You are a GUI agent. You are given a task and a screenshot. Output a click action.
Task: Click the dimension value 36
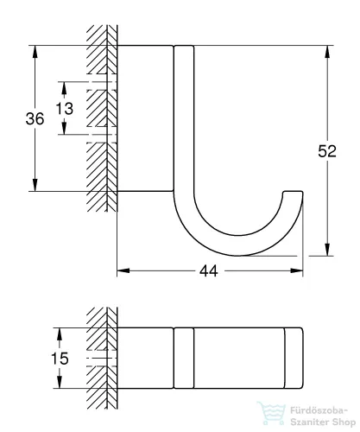[x=35, y=118]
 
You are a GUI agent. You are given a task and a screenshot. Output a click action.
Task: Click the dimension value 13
[x=64, y=109]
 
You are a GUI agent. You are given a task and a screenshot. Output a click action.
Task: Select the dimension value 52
[x=327, y=151]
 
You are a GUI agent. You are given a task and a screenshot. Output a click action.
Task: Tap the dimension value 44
[x=209, y=271]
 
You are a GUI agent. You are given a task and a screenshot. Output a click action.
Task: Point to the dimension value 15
[x=60, y=359]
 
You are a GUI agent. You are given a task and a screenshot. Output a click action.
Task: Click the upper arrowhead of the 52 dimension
[x=327, y=52]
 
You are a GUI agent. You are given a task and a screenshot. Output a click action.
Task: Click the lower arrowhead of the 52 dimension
[x=327, y=249]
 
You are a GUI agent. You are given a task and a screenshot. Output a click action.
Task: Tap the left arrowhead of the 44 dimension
[x=123, y=270]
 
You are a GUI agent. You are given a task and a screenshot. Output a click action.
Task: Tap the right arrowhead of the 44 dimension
[x=296, y=270]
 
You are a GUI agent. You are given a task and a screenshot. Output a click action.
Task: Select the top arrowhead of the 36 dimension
[x=35, y=52]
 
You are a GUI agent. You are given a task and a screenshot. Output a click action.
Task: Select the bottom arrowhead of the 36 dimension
[x=35, y=184]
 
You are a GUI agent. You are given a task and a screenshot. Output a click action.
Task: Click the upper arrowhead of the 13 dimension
[x=64, y=88]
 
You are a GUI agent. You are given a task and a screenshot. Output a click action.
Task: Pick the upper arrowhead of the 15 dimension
[x=60, y=334]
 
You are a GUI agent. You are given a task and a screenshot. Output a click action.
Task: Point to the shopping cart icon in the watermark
[x=271, y=414]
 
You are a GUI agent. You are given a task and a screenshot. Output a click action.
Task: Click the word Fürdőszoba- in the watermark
[x=319, y=410]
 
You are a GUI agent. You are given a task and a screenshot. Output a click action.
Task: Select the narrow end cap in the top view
[x=294, y=358]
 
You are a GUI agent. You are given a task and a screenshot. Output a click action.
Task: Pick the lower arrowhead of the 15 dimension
[x=60, y=382]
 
